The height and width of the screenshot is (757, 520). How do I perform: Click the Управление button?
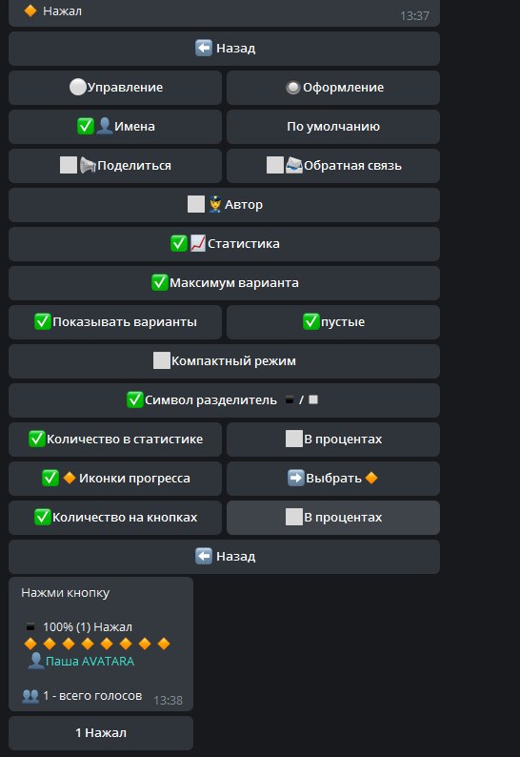coord(115,88)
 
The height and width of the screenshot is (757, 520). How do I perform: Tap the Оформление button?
coord(333,88)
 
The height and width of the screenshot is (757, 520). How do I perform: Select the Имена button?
coord(115,127)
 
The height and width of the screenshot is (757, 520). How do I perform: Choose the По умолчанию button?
coord(333,127)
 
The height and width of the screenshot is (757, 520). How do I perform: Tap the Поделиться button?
coord(115,166)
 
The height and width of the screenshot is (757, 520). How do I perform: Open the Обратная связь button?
coord(333,166)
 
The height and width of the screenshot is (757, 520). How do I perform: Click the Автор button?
coord(225,205)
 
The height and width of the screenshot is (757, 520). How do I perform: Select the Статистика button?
coord(225,244)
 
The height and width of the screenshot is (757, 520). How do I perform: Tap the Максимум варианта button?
coord(225,283)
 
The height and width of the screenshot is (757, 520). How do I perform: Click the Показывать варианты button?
coord(115,322)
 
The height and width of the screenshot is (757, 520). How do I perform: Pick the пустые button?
coord(333,322)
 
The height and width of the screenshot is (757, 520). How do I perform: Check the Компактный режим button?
coord(225,361)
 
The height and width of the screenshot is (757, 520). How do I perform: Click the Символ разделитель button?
coord(225,400)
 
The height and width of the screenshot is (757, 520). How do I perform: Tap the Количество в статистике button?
coord(115,440)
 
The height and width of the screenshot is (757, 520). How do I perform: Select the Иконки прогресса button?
coord(115,479)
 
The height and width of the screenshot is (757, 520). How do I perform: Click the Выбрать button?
coord(333,479)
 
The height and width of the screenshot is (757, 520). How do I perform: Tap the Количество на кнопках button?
coord(115,518)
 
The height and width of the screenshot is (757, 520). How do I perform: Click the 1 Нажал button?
coord(101,733)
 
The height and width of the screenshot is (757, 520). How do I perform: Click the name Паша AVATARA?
coord(90,661)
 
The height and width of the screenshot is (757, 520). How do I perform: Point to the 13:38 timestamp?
coord(168,701)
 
